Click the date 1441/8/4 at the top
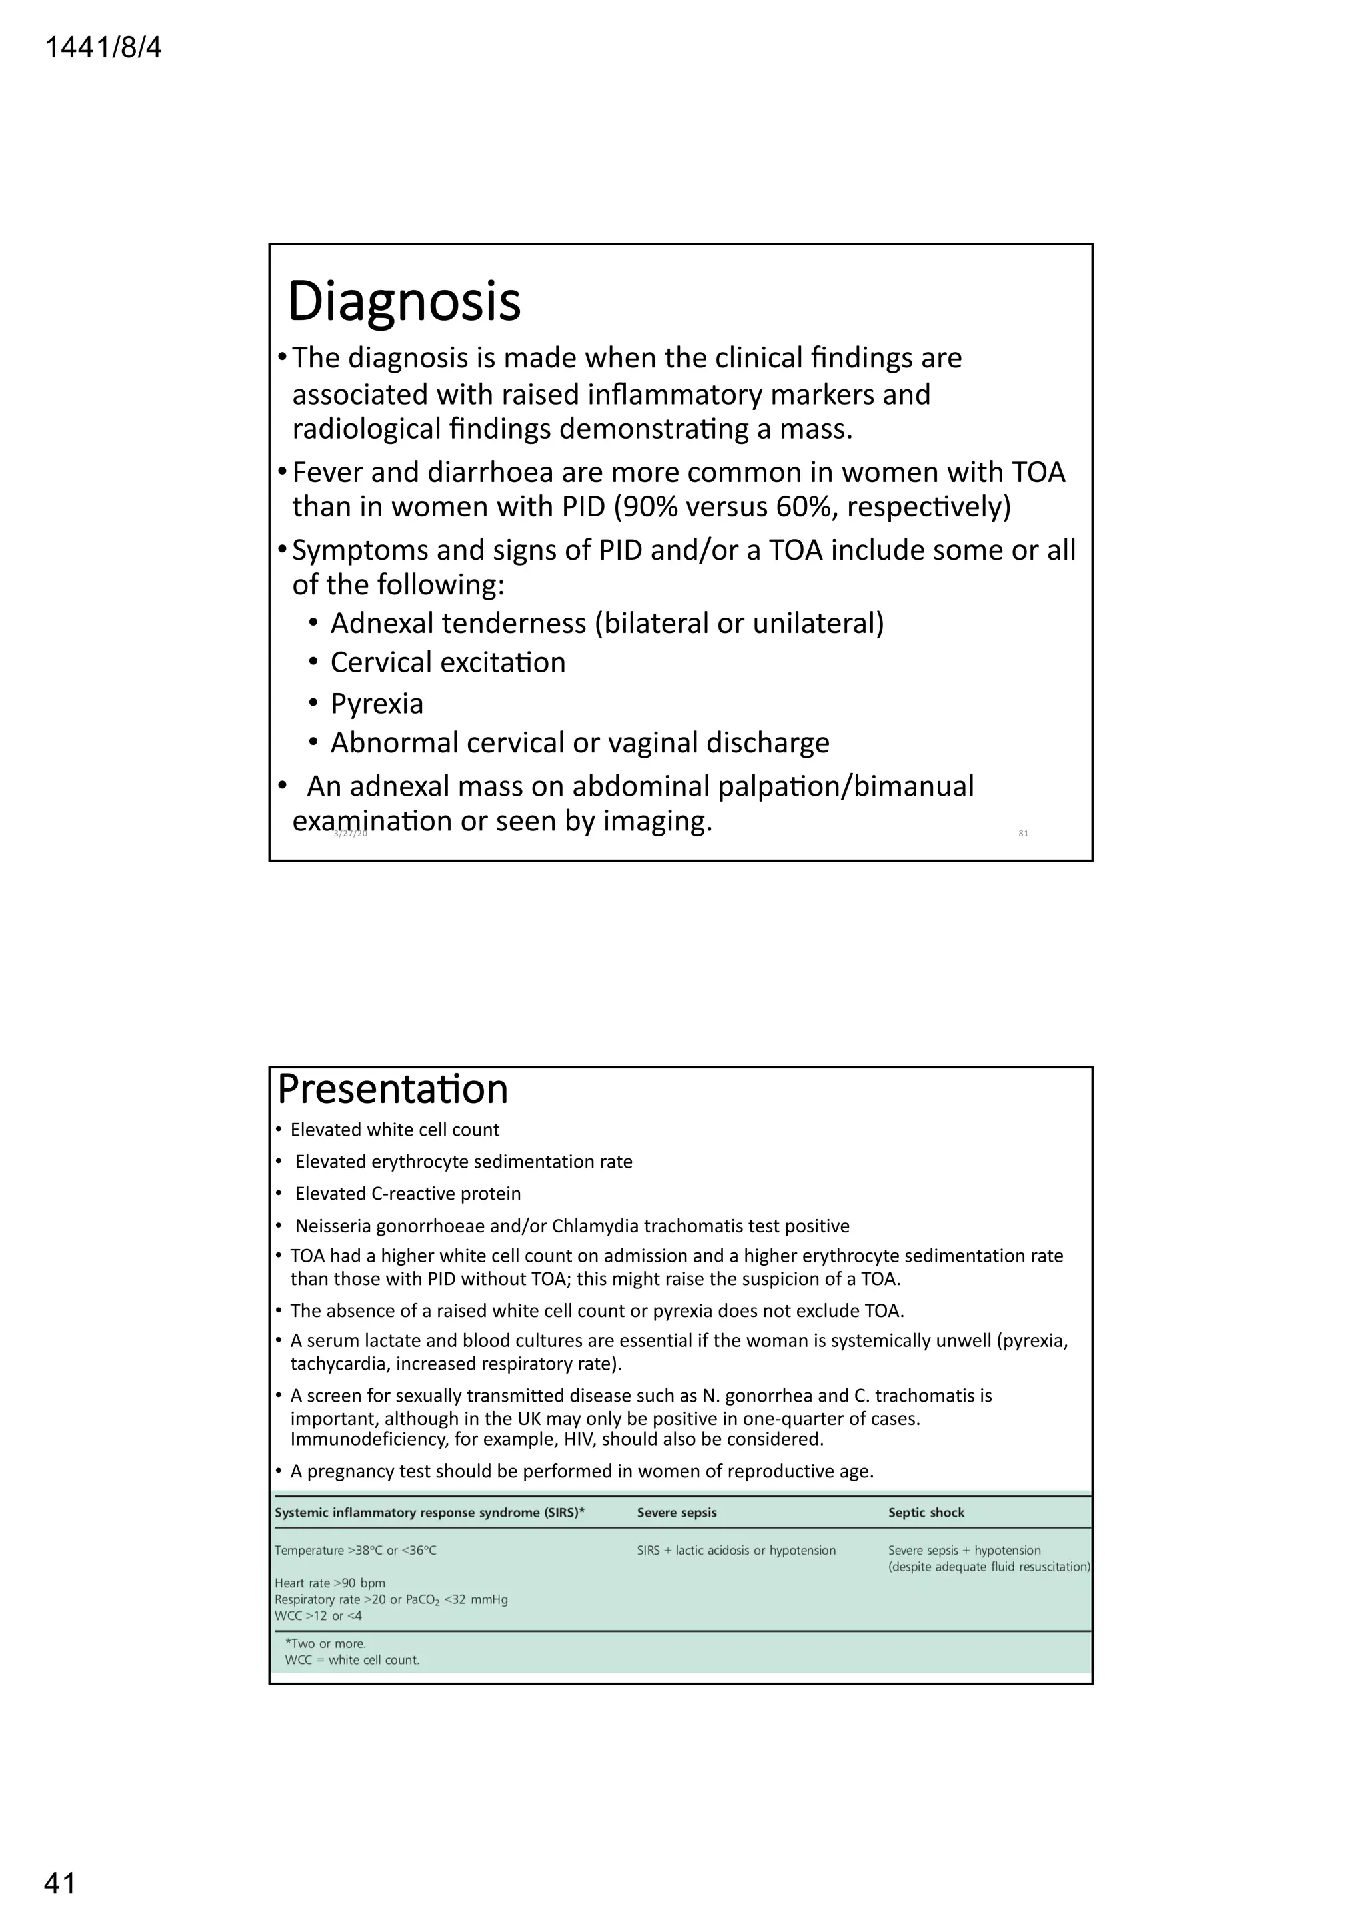click(x=103, y=48)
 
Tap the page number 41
click(x=60, y=1884)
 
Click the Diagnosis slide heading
click(x=405, y=301)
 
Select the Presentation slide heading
click(x=393, y=1090)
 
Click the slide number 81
click(x=1023, y=833)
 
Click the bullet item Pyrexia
click(x=377, y=704)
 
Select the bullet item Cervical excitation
click(x=447, y=663)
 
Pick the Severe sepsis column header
click(x=677, y=1513)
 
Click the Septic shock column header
click(x=926, y=1513)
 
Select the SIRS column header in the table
click(x=429, y=1513)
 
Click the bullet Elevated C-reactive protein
click(x=408, y=1194)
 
